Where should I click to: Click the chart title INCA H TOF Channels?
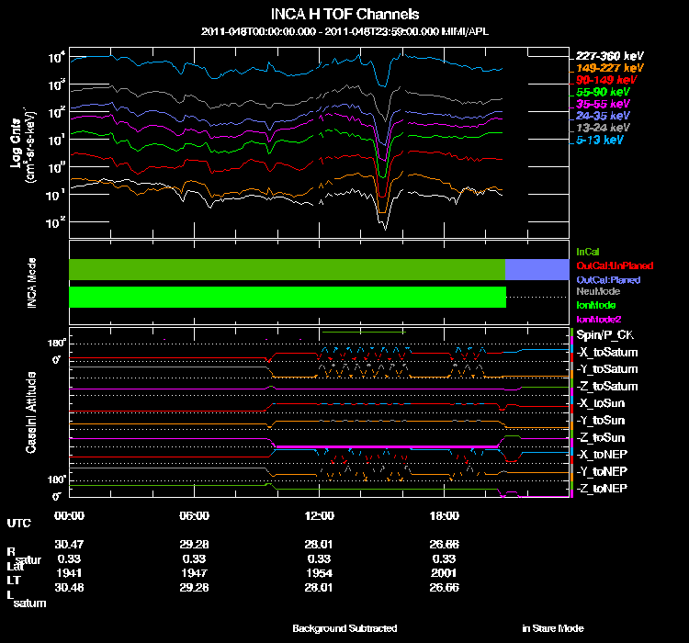click(x=344, y=14)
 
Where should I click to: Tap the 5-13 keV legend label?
click(x=601, y=141)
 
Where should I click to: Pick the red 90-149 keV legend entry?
click(x=601, y=81)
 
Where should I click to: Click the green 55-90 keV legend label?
click(x=601, y=93)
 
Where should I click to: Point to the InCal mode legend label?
click(x=588, y=251)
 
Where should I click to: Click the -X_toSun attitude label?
click(x=603, y=403)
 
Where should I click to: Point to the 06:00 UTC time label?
click(x=196, y=514)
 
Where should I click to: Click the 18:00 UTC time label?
click(x=445, y=514)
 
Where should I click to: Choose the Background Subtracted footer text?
click(x=344, y=628)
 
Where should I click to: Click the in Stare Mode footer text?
click(x=552, y=628)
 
